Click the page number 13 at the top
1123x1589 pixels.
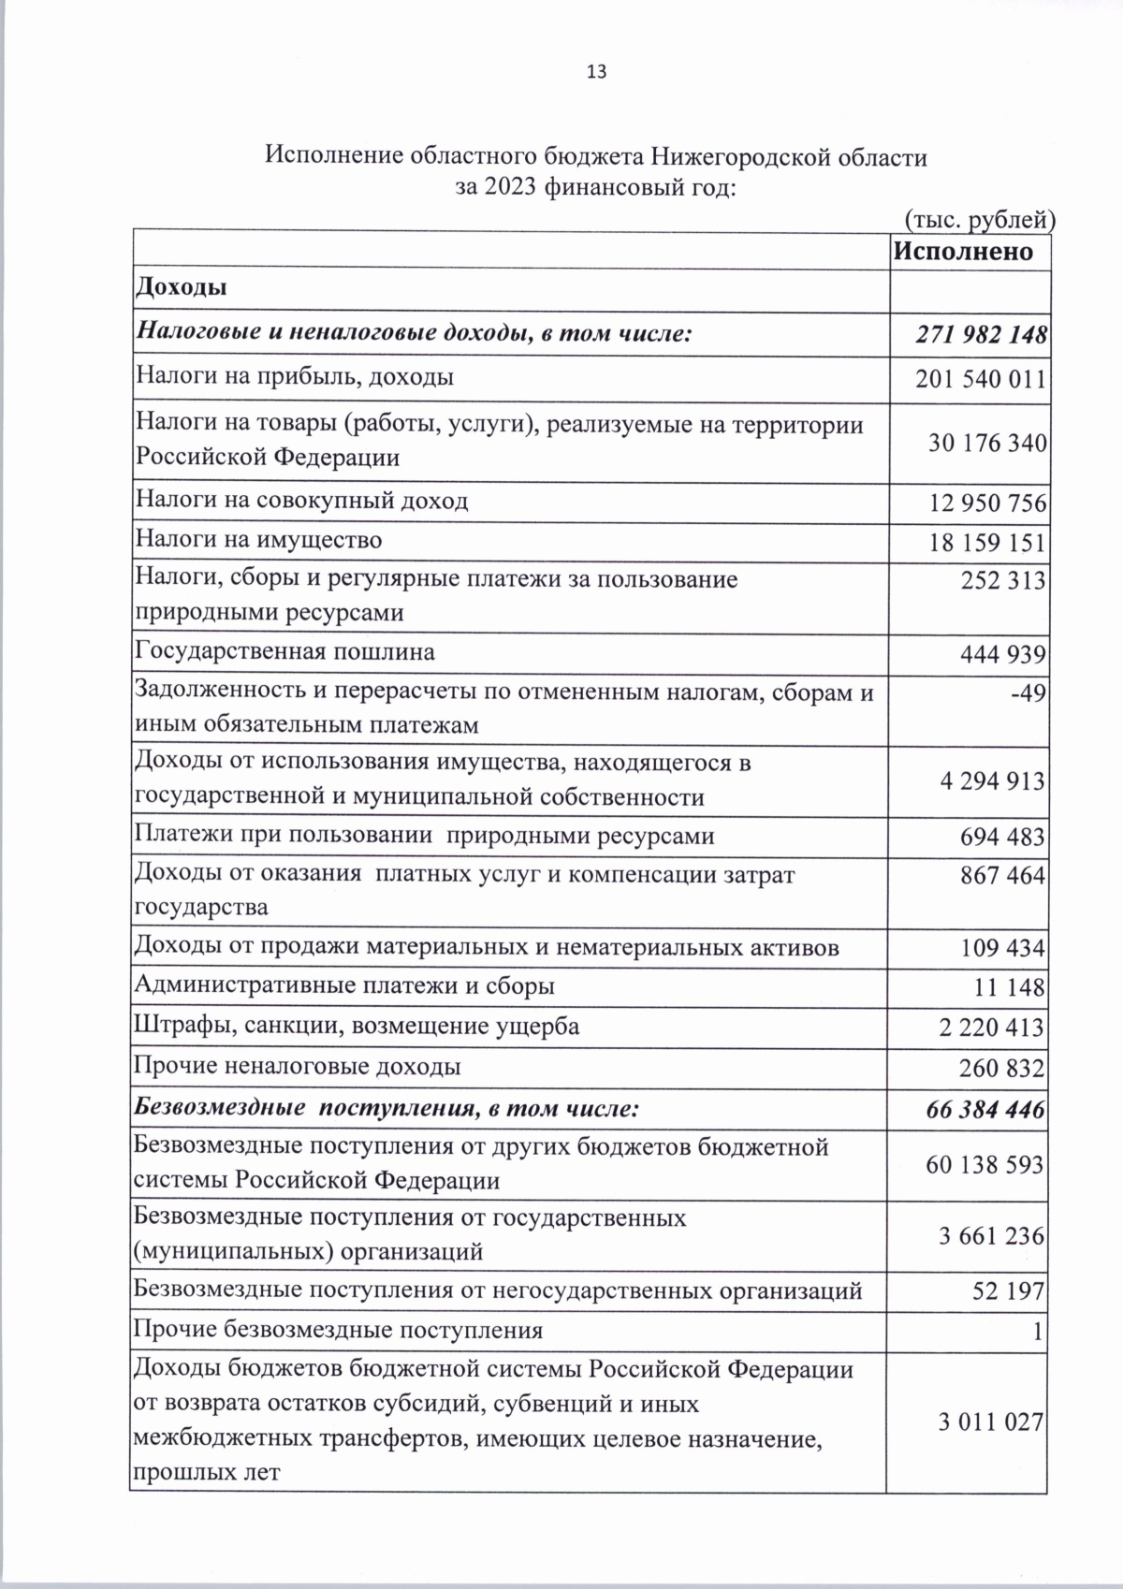point(596,72)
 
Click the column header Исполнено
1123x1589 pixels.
point(963,251)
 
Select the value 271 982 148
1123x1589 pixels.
point(982,335)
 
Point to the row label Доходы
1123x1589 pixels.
point(182,288)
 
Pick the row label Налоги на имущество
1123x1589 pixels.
point(259,540)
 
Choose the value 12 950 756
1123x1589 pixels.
point(986,503)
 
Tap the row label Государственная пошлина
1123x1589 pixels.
point(285,651)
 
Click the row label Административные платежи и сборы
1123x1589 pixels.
point(344,985)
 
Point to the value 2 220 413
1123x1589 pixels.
point(991,1028)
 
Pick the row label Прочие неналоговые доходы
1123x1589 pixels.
point(298,1067)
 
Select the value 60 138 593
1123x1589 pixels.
point(984,1165)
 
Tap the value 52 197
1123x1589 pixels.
point(1009,1292)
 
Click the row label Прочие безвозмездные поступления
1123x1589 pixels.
point(338,1330)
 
